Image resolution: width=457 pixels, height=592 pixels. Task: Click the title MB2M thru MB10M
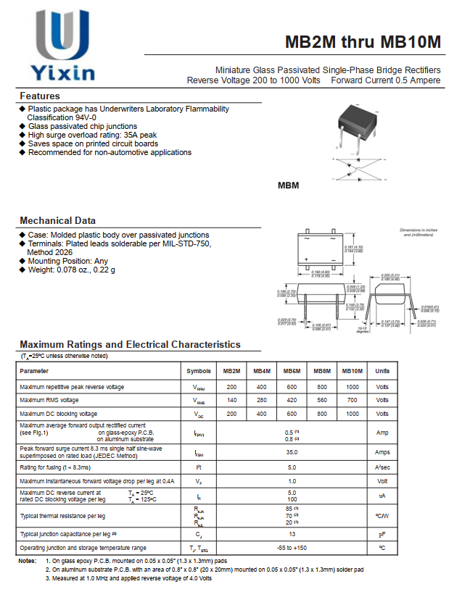(x=363, y=41)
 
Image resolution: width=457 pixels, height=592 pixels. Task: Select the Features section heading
(x=40, y=96)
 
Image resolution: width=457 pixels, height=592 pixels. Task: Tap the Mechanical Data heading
(x=57, y=220)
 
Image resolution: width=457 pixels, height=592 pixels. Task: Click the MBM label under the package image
(x=289, y=185)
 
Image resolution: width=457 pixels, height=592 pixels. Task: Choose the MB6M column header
(x=292, y=371)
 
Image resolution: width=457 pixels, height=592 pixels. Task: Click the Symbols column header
(x=199, y=371)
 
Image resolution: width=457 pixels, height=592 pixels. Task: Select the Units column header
(x=382, y=371)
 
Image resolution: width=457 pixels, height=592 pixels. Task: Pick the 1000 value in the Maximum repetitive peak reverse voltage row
(x=353, y=387)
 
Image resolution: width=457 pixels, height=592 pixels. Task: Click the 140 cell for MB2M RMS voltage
(x=232, y=400)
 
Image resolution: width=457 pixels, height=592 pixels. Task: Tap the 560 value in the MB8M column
(x=322, y=400)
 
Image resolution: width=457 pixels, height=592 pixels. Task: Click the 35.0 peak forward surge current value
(x=292, y=451)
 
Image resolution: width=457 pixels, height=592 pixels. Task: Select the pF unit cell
(x=382, y=534)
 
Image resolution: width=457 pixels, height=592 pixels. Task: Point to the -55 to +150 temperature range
(x=292, y=548)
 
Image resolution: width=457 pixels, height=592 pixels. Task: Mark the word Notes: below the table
(x=27, y=561)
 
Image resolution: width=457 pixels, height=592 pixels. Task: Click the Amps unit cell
(x=382, y=451)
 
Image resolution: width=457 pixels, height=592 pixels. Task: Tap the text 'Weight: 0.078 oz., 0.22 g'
(x=71, y=270)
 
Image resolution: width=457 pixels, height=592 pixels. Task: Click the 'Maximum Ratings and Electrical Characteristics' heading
(x=130, y=345)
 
